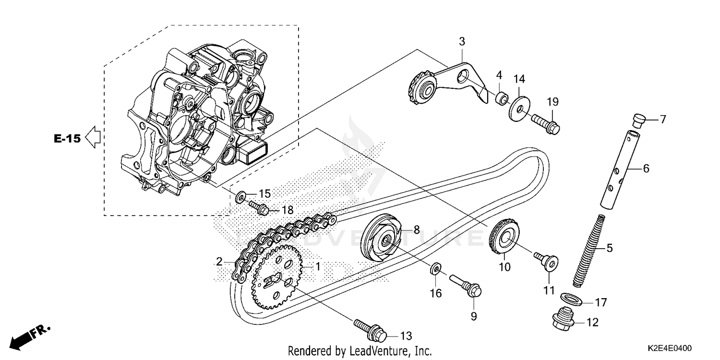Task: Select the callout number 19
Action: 552,102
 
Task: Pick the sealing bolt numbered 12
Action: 562,320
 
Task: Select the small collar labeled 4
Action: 501,98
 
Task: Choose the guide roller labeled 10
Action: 503,238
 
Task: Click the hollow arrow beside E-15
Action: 93,138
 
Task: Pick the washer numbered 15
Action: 241,195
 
